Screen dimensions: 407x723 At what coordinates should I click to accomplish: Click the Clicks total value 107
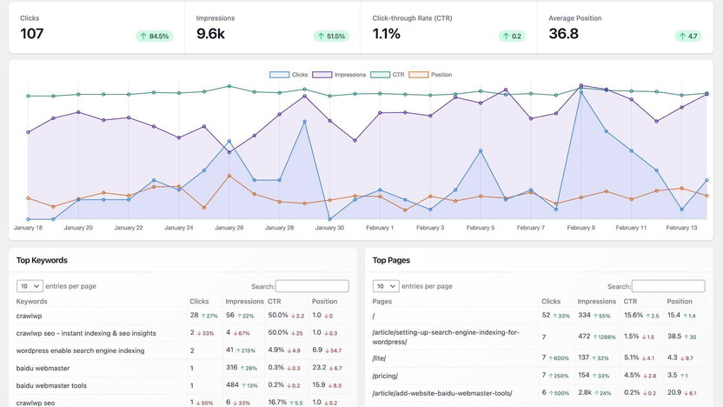coord(32,34)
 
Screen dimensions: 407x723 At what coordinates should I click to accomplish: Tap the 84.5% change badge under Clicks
coord(154,37)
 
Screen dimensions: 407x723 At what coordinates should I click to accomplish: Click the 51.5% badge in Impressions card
coord(331,37)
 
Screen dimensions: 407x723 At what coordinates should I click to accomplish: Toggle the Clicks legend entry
coord(289,75)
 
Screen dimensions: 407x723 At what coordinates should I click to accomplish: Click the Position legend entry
coord(431,75)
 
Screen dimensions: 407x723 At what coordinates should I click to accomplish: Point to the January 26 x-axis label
coord(229,228)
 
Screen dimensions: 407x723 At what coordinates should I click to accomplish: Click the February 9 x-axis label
coord(580,228)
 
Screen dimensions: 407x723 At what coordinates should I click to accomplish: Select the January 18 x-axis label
coord(28,228)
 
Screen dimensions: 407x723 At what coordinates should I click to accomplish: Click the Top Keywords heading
coord(42,260)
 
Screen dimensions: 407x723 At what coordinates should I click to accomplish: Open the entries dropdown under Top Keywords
coord(30,286)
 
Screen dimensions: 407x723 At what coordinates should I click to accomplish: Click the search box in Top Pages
coord(668,286)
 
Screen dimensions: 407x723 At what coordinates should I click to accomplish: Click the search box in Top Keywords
coord(312,286)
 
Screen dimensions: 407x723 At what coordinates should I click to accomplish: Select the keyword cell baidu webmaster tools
coord(51,385)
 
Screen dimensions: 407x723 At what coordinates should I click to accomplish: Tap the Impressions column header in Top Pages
coord(596,301)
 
